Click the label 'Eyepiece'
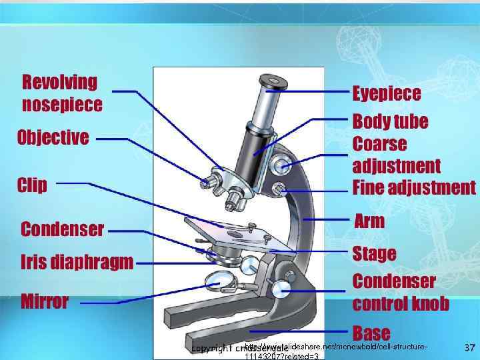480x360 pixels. (387, 93)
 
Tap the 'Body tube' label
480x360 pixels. (390, 122)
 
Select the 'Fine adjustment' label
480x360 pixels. (414, 187)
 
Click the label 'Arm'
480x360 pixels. (369, 221)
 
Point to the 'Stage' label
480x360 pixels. (374, 254)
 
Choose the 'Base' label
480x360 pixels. (371, 332)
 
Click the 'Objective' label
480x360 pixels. (53, 138)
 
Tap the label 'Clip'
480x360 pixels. (32, 185)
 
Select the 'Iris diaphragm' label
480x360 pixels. (77, 261)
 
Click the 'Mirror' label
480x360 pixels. (45, 301)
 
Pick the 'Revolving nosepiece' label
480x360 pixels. (62, 93)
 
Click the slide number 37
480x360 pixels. (469, 347)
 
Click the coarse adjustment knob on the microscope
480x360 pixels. (281, 163)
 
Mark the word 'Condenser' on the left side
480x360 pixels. (63, 230)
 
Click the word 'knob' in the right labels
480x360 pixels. (425, 304)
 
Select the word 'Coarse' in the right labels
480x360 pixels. (379, 144)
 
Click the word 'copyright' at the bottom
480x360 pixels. (211, 349)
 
